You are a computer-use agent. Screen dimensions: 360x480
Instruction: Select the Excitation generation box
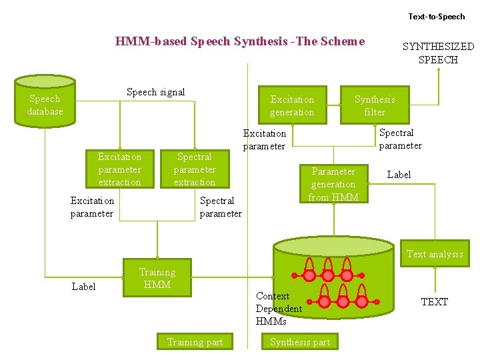pos(292,105)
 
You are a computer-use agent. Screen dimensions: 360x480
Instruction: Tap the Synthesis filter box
pos(375,105)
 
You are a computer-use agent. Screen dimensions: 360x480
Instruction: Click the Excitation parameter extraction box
pos(120,169)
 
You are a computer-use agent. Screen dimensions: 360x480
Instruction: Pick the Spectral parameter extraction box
pos(195,169)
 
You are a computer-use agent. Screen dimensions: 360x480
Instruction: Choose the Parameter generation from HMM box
pos(333,184)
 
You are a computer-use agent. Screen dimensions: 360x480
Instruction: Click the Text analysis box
pos(435,254)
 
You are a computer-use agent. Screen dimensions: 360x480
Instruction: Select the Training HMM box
pos(157,278)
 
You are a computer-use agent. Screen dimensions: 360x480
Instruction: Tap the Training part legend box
pos(195,342)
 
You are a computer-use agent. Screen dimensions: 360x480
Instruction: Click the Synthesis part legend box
pos(300,342)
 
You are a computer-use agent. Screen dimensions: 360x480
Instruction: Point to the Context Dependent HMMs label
pos(279,308)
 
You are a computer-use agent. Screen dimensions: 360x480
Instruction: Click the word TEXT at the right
pos(435,302)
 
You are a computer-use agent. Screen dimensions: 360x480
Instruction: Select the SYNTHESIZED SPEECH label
pos(438,53)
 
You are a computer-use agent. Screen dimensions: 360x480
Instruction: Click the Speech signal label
pos(155,92)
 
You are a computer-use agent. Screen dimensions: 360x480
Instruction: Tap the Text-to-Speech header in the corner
pos(437,16)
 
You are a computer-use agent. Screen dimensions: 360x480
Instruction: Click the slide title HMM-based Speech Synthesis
pos(240,41)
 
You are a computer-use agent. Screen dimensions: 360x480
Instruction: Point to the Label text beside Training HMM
pos(83,287)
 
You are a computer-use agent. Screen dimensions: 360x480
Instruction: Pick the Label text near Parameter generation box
pos(399,175)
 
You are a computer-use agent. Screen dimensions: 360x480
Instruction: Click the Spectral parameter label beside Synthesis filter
pos(400,139)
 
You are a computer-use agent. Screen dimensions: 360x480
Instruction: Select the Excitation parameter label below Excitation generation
pos(264,139)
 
